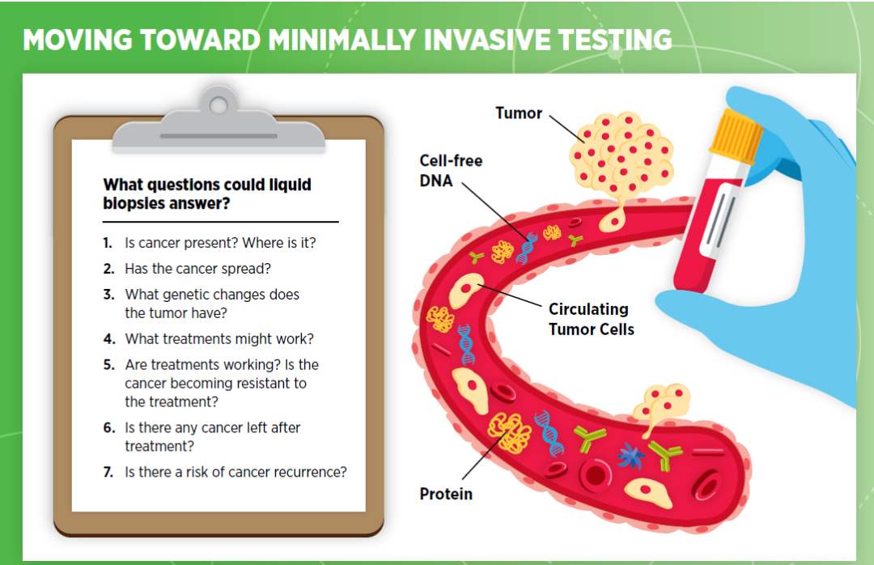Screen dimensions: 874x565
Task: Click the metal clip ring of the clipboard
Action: coord(218,104)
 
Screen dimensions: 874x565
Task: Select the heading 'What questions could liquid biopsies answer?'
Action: coord(207,193)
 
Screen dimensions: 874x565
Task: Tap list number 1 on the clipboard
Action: coord(108,243)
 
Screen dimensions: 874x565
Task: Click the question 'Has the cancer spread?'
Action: coord(198,269)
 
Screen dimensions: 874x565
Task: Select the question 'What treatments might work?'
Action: coord(219,339)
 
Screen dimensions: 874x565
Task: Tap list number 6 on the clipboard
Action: coord(108,427)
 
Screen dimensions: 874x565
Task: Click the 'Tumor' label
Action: coord(519,113)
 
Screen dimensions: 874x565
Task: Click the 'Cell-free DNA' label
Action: coord(451,171)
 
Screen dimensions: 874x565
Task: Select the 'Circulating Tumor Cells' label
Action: coord(592,319)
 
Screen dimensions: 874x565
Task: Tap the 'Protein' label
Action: coord(446,494)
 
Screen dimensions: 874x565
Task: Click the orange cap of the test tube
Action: coord(736,134)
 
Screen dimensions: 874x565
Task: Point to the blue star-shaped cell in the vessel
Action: coord(631,456)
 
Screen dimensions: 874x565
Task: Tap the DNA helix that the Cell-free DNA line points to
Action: coord(526,249)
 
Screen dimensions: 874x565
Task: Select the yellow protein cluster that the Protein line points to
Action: coord(509,431)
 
